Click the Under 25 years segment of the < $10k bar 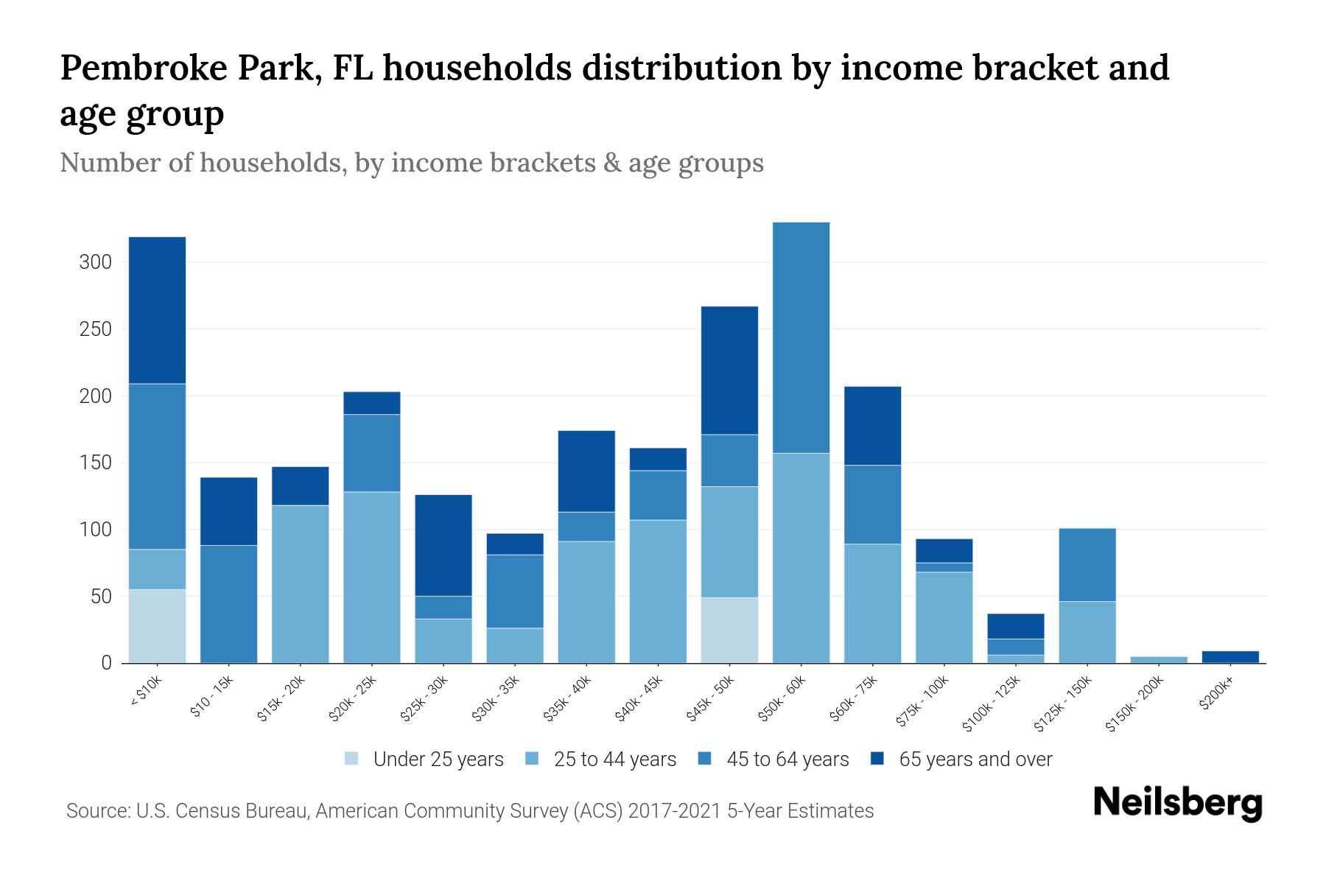pyautogui.click(x=157, y=626)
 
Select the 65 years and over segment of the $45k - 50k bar pyautogui.click(x=729, y=371)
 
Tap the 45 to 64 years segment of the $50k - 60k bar pyautogui.click(x=801, y=337)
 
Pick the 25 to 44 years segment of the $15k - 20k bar pyautogui.click(x=300, y=584)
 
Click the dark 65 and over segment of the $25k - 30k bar pyautogui.click(x=443, y=545)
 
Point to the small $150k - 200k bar pyautogui.click(x=1159, y=659)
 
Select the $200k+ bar pyautogui.click(x=1230, y=656)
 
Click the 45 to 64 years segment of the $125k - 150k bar pyautogui.click(x=1087, y=565)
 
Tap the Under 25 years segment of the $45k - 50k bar pyautogui.click(x=729, y=630)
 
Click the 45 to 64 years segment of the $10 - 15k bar pyautogui.click(x=228, y=604)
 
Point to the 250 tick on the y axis pyautogui.click(x=96, y=329)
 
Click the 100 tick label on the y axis pyautogui.click(x=96, y=530)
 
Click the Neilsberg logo pyautogui.click(x=1177, y=803)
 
